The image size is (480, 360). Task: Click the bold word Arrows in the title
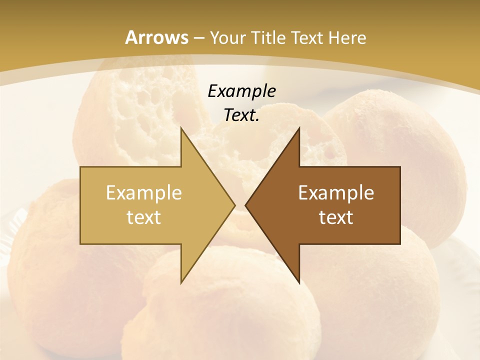tap(156, 37)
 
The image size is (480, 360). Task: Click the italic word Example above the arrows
tap(241, 91)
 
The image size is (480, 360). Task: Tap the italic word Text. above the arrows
tap(241, 115)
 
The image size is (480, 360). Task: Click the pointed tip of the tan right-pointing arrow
tap(234, 205)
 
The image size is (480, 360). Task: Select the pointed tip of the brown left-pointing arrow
tap(246, 205)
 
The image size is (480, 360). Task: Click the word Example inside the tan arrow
tap(144, 193)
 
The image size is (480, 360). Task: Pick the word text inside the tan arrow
tap(144, 217)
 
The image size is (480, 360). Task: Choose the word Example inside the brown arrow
tap(336, 193)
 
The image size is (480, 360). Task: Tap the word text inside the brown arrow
tap(336, 217)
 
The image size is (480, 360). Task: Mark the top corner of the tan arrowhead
tap(181, 128)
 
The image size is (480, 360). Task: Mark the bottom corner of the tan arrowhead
tap(181, 283)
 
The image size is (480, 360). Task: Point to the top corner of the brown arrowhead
tap(299, 128)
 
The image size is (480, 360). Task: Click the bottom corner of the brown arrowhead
tap(299, 283)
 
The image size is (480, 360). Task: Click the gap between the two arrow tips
tap(240, 205)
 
